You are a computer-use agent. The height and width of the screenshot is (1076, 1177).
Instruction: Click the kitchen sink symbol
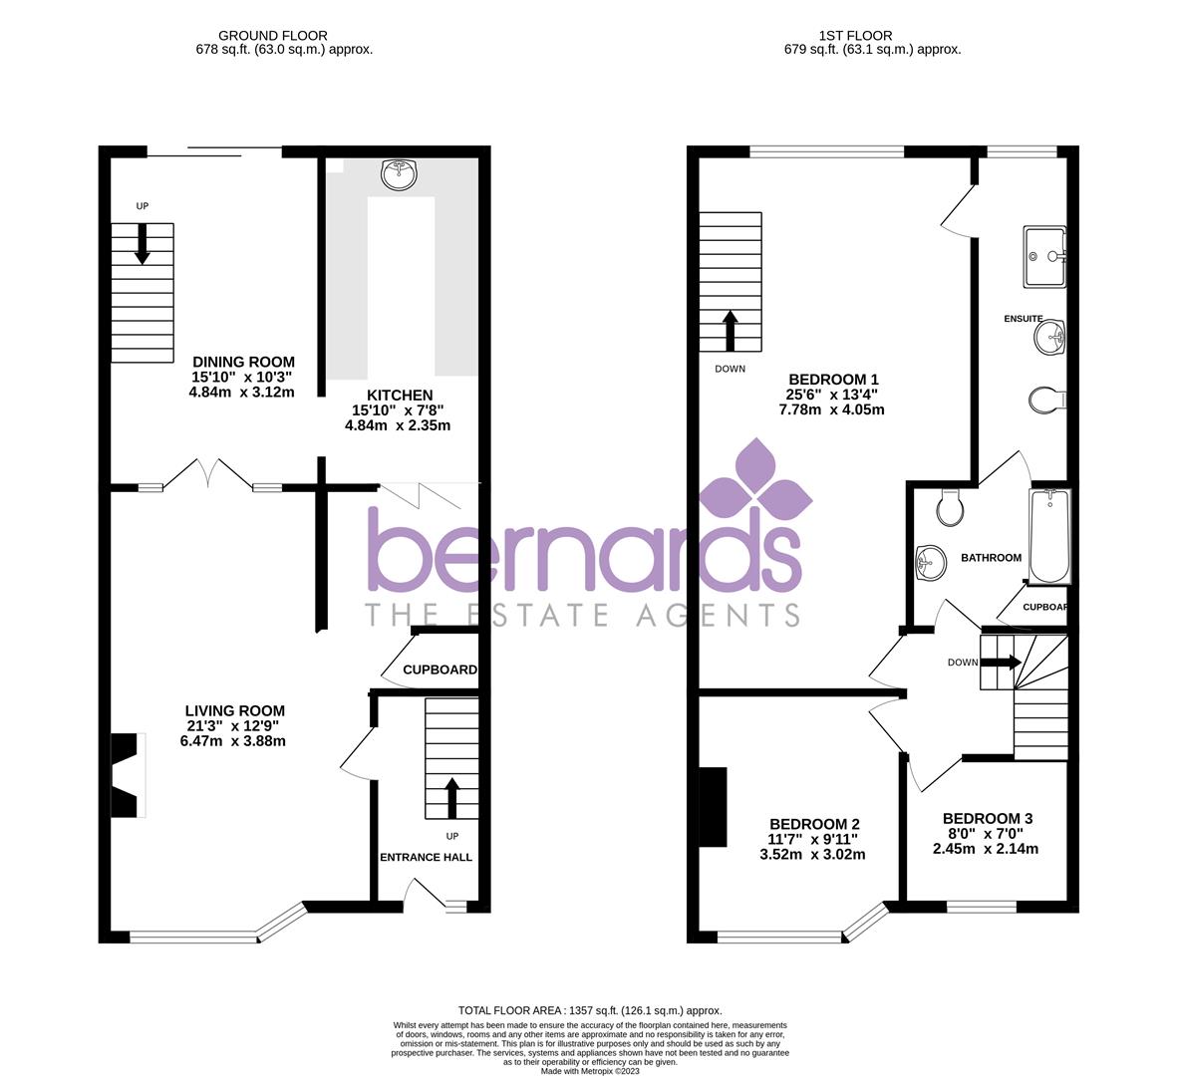coord(399,175)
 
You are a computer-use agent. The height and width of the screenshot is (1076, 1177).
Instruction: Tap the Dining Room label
coord(243,362)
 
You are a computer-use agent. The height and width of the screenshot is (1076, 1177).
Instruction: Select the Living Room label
coord(235,710)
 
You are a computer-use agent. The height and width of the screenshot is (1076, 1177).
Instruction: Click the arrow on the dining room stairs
coord(143,243)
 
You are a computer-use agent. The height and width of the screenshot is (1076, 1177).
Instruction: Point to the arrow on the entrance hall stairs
coord(451,796)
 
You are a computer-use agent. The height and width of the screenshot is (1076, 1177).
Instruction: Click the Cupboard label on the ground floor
coord(440,670)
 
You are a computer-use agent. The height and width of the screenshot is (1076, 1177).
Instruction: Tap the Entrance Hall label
coord(426,857)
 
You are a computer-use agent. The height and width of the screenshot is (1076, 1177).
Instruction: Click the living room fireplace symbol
coord(127,775)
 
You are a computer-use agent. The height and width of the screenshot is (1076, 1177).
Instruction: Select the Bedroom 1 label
coord(833,379)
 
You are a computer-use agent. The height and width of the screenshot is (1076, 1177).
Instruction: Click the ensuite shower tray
coord(1044,257)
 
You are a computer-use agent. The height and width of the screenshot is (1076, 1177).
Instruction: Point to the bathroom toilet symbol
coord(950,510)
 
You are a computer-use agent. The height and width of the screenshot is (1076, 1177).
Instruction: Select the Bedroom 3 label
coord(988,818)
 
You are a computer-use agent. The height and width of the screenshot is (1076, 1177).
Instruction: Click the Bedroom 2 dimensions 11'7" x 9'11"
coord(812,839)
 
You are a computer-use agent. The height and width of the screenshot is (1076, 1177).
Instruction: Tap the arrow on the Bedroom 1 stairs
coord(730,330)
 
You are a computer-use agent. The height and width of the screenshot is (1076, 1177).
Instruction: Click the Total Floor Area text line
coord(589,1010)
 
